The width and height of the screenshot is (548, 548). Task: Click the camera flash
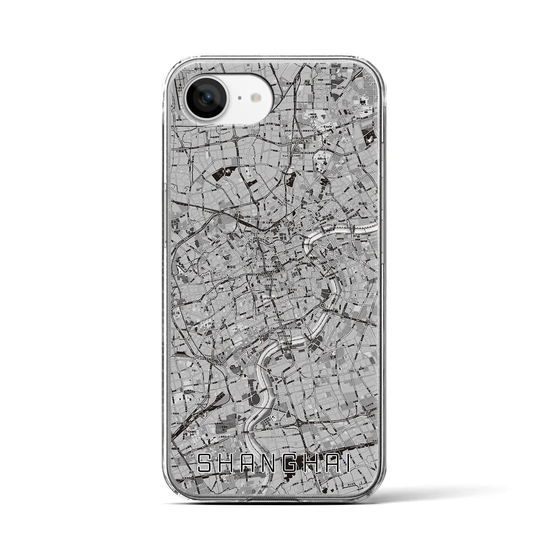coord(257,98)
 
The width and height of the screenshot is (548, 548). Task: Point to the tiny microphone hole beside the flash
coord(239,98)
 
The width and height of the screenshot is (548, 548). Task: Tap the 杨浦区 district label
coord(363,204)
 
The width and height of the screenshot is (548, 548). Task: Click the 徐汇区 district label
coord(204,397)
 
